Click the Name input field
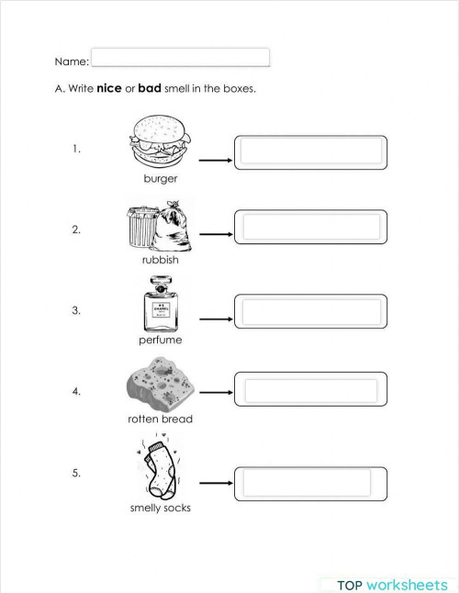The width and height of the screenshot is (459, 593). [x=180, y=58]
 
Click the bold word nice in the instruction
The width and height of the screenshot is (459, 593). [x=110, y=89]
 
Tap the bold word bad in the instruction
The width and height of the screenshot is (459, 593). [x=149, y=89]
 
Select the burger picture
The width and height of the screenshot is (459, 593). [x=160, y=140]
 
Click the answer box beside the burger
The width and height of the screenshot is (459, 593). [x=310, y=152]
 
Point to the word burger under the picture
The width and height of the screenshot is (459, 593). [x=161, y=179]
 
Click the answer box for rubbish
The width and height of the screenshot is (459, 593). [x=310, y=227]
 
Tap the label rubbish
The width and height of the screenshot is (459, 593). [x=160, y=260]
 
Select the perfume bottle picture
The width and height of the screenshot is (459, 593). [x=160, y=305]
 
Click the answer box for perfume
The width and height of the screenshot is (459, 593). [x=310, y=310]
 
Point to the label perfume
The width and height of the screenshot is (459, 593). [x=160, y=340]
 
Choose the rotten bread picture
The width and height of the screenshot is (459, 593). [x=160, y=385]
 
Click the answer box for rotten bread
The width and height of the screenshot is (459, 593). [x=310, y=391]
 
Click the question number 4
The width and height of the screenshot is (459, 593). [x=76, y=391]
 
